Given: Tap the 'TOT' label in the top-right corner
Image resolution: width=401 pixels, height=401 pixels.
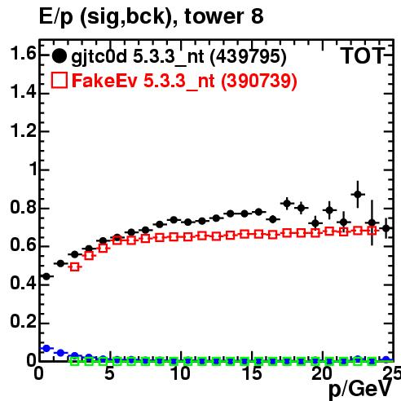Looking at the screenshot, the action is pos(363,56).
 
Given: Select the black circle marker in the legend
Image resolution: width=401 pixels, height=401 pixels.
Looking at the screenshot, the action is pos(59,56).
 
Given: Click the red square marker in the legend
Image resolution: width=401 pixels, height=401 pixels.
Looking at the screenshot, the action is pos(59,80).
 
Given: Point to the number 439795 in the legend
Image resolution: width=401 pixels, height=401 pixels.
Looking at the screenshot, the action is pos(249,56).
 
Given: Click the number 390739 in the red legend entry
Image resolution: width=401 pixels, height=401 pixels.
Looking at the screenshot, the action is pos(259,81).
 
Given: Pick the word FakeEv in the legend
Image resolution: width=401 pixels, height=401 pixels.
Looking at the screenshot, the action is pos(104,81).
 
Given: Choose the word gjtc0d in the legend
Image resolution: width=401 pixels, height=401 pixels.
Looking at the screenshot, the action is pos(99,57).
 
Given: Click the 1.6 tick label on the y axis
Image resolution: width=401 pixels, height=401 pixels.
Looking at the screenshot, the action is pos(23,54).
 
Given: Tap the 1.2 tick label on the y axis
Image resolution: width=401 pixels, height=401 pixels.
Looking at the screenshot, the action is pos(23,130).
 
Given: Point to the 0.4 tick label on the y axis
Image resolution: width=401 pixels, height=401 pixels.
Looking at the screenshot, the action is pos(23,283).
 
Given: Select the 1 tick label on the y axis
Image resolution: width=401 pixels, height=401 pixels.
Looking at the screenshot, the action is pos(33,169).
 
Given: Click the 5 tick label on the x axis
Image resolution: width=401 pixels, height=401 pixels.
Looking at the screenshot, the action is pos(109,373).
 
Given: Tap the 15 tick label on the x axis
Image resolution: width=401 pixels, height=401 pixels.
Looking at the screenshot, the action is pos(252,373).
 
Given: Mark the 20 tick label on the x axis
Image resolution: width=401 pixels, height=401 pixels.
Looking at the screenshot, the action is pos(322,373).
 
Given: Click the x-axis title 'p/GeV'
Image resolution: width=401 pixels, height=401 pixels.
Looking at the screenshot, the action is pos(360,390).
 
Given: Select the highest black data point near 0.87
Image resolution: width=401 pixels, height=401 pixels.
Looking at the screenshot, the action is pos(358,194).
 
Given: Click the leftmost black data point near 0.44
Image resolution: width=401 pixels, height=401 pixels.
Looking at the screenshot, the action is pos(46,276).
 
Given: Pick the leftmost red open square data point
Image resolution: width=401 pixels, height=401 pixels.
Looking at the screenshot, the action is pos(75,267).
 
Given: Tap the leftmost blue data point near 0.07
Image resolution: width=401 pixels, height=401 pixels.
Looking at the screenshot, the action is pos(46,348).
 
